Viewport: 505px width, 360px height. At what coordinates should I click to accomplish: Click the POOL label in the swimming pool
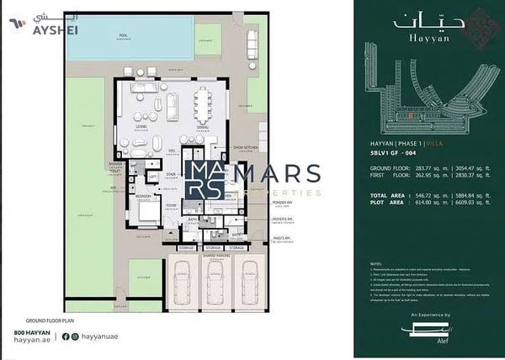[x=124, y=35]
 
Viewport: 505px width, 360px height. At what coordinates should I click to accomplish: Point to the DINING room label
[x=204, y=127]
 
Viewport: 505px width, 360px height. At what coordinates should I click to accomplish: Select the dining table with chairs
[x=203, y=106]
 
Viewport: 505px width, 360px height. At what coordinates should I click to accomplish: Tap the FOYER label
[x=171, y=204]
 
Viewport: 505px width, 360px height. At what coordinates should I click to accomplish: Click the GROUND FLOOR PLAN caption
[x=51, y=321]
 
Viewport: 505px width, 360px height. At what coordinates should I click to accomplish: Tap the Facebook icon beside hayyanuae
[x=66, y=336]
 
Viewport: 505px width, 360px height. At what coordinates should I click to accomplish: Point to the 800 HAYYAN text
[x=33, y=334]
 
